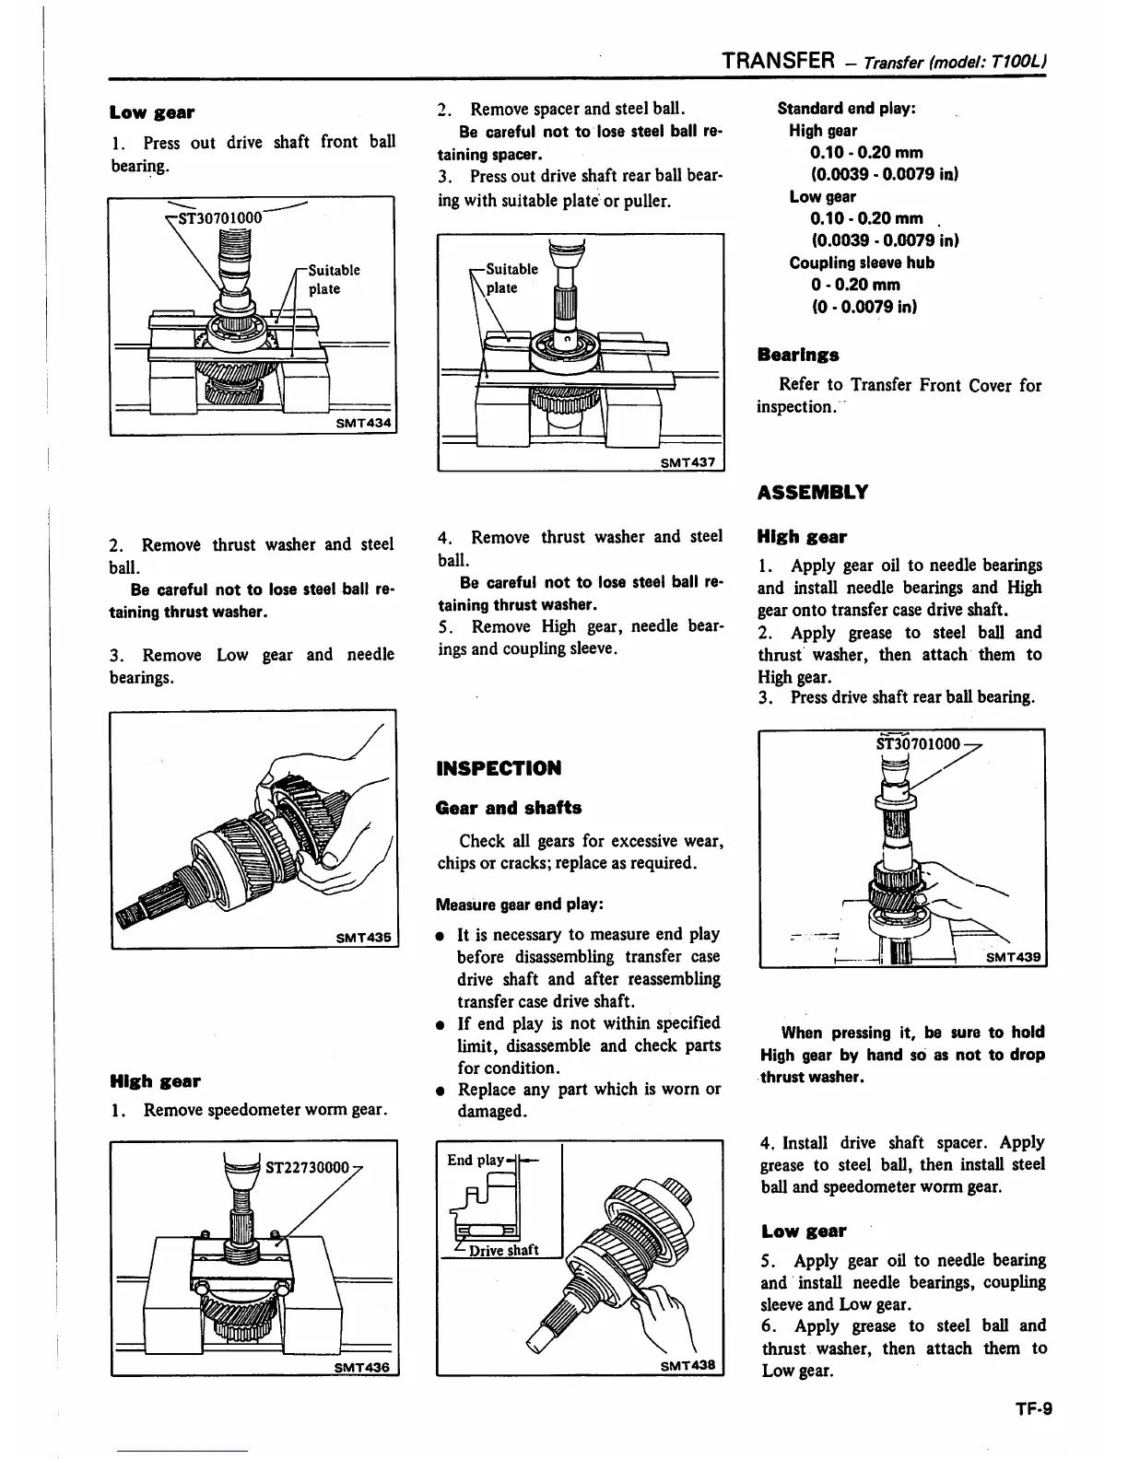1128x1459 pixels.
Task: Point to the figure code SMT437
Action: pos(687,461)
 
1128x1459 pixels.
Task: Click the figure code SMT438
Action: pos(687,1365)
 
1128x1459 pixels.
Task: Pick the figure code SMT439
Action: pos(1013,958)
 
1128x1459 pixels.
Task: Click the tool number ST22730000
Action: pos(307,1168)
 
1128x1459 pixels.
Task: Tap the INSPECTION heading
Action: pos(499,768)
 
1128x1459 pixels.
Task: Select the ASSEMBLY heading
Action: pos(812,492)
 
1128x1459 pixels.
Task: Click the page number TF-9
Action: pos(1029,1407)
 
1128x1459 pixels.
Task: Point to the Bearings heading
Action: pos(797,355)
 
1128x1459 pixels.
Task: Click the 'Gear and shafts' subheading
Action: pos(509,808)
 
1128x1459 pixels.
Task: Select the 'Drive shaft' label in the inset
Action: pos(503,1250)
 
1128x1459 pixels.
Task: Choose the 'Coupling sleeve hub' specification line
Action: pos(861,263)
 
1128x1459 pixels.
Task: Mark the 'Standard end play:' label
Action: pos(846,109)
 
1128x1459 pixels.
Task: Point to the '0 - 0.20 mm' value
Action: pos(855,285)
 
